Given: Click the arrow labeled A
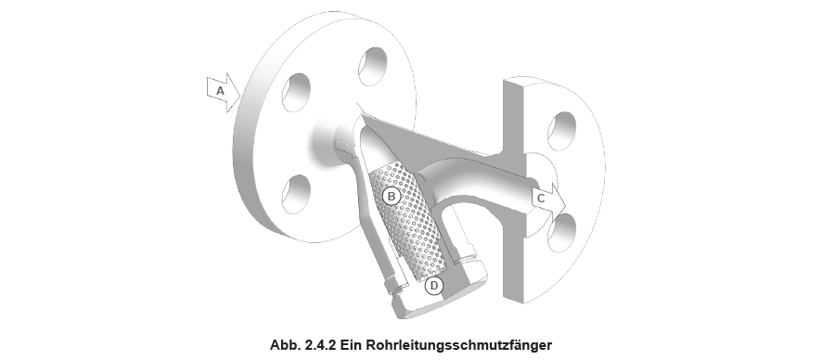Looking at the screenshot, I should (223, 92).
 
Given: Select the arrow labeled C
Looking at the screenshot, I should (546, 197).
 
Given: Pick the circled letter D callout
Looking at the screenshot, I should (433, 286).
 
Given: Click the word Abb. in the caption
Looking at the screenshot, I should (283, 345).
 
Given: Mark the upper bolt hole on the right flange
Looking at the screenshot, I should (563, 130).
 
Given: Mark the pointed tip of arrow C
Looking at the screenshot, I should (562, 197).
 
